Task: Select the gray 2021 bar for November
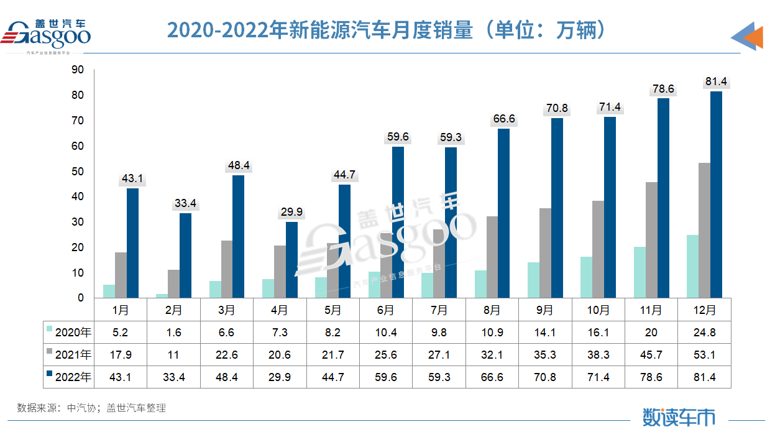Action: [651, 240]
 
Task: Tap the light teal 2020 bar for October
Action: [587, 277]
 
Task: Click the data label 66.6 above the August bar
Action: [503, 119]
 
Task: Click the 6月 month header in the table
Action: [385, 310]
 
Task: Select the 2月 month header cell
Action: [174, 310]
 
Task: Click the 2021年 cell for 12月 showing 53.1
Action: [704, 354]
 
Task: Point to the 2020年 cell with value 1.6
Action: [174, 332]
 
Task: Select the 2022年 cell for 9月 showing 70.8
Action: [545, 376]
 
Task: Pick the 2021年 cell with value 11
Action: [174, 354]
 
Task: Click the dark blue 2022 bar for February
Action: [186, 255]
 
